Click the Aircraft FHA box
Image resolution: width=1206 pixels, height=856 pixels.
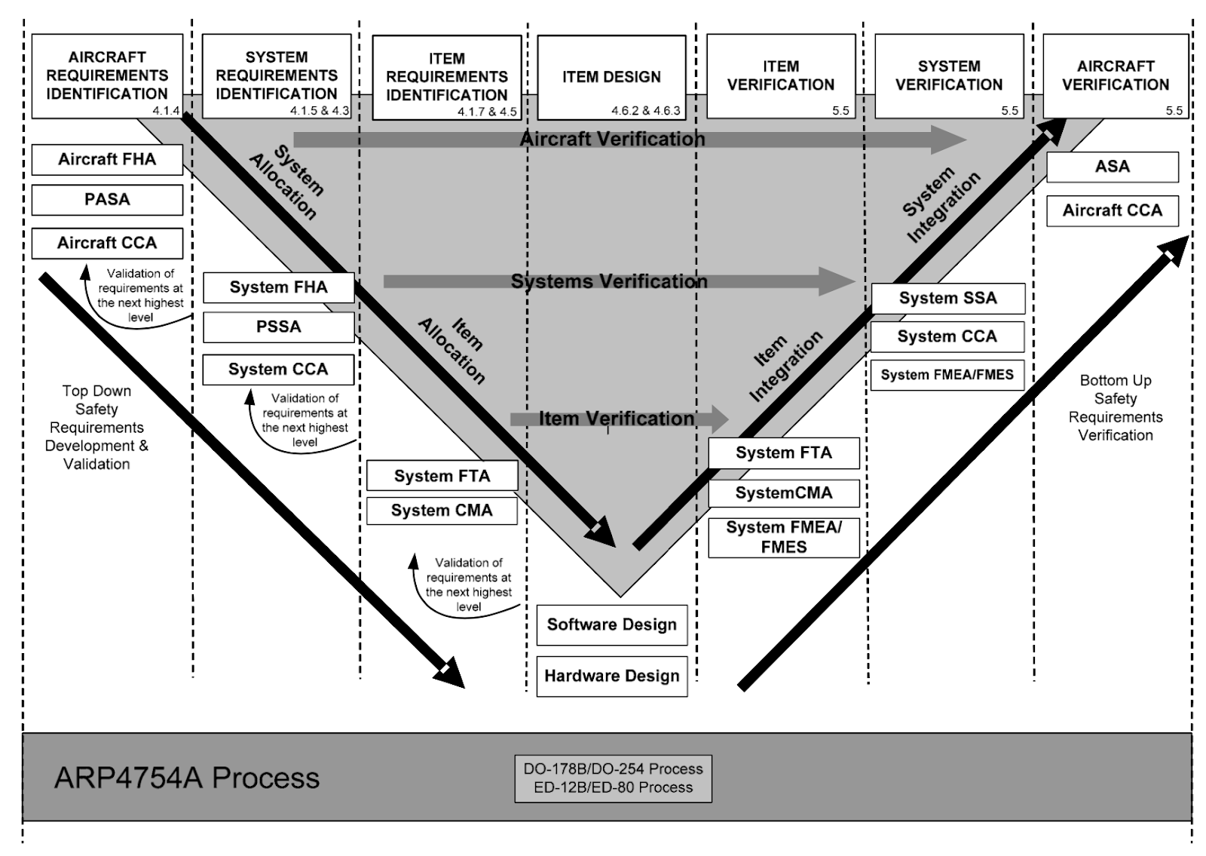click(x=107, y=159)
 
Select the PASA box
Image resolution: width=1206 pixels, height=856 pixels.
click(x=107, y=200)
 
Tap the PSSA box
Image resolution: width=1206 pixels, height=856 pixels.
click(x=278, y=327)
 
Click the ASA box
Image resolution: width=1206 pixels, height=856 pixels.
click(x=1112, y=167)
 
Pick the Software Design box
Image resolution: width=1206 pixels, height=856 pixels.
click(x=611, y=624)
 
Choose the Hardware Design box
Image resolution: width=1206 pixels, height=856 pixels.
click(x=611, y=676)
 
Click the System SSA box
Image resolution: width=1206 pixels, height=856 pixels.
click(x=947, y=298)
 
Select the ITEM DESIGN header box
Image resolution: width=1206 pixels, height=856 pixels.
click(x=611, y=77)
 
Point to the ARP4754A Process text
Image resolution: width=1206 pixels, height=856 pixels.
click(x=187, y=778)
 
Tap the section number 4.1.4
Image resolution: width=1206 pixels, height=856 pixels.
click(x=166, y=111)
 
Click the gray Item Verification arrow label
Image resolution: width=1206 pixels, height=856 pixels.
click(x=616, y=419)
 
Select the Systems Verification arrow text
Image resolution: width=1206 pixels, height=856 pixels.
click(x=609, y=281)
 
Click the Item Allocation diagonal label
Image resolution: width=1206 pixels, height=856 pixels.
click(x=451, y=351)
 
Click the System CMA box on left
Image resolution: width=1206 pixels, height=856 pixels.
click(x=442, y=511)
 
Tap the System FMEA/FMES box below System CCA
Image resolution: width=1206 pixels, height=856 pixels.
click(x=947, y=375)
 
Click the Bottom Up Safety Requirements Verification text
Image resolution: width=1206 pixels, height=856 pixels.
click(x=1115, y=408)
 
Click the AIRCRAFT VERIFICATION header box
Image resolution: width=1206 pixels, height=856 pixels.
click(x=1115, y=75)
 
